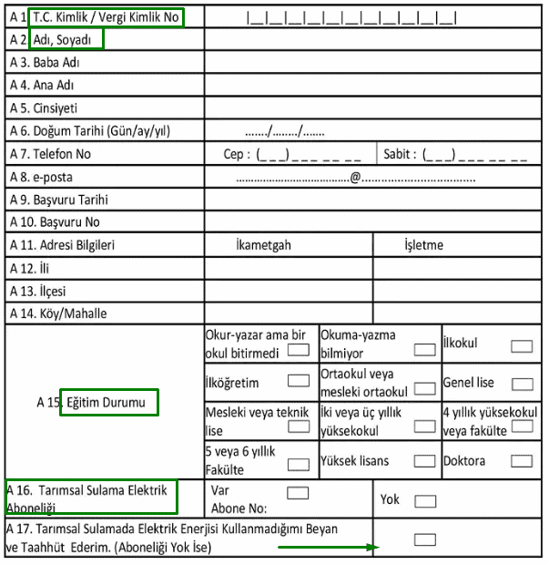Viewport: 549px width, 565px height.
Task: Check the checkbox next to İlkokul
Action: tap(522, 345)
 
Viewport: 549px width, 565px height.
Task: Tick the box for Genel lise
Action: tap(522, 384)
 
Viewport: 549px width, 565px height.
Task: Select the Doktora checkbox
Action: tap(522, 461)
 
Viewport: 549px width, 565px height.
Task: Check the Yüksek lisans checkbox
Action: tap(424, 461)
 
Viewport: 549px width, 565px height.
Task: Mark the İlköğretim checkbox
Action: tap(298, 381)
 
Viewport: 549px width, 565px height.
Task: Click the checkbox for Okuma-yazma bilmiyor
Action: tap(424, 348)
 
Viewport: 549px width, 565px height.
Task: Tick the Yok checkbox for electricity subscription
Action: tap(425, 501)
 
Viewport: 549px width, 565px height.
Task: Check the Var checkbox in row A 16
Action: tap(298, 493)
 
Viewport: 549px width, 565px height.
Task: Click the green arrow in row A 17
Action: tap(328, 548)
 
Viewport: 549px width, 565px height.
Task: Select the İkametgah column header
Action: tap(263, 245)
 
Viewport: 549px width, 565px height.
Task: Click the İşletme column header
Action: tap(423, 245)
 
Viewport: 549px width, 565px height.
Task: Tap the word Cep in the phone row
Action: tap(234, 154)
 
